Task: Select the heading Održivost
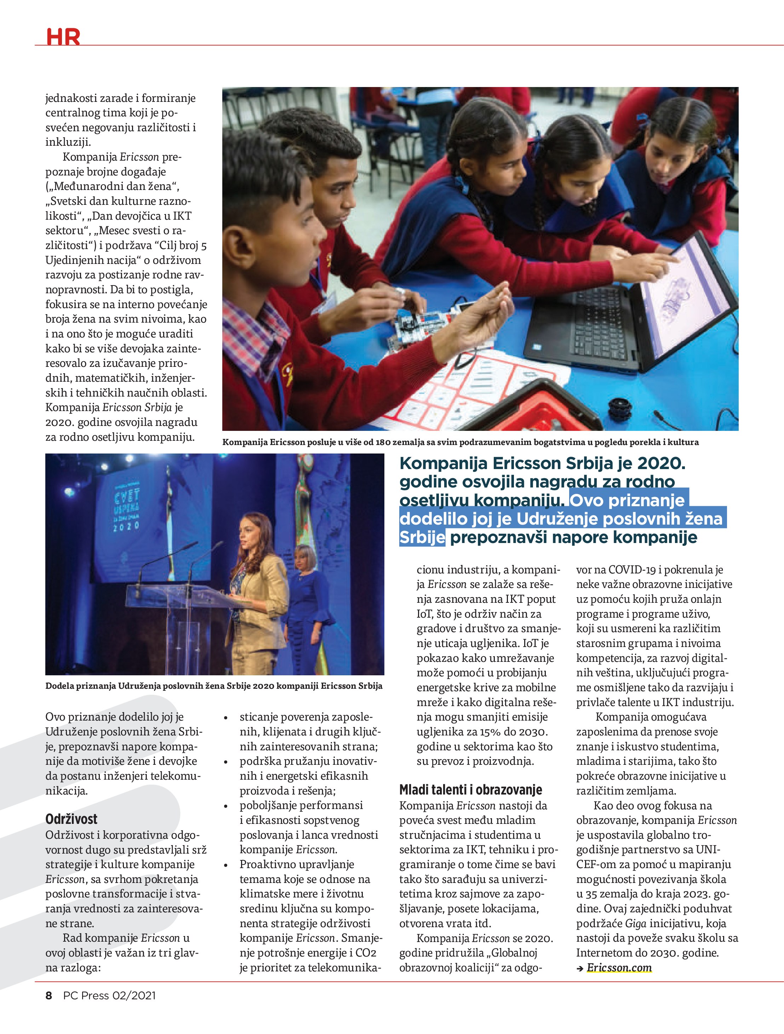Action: (71, 819)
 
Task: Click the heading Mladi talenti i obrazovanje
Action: (471, 790)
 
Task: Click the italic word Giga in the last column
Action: (636, 923)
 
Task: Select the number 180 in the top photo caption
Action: (383, 442)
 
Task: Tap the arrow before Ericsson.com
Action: (580, 969)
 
